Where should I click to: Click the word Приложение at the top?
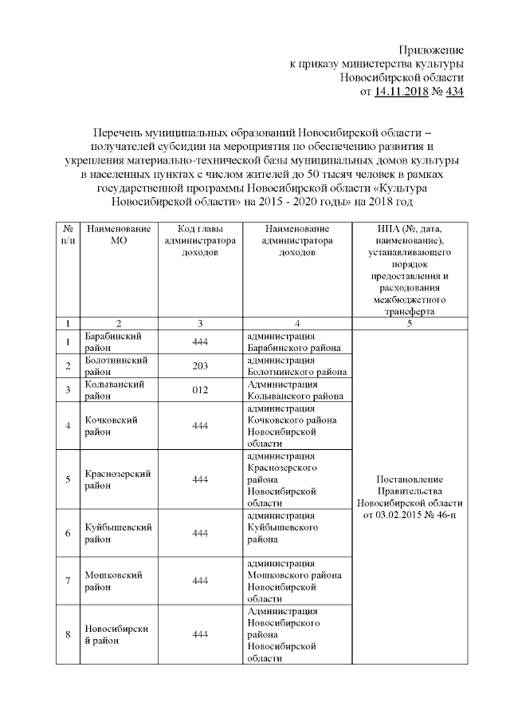coord(430,49)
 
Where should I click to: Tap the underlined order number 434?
coord(453,93)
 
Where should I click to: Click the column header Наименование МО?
coord(118,235)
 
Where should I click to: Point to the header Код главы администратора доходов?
coord(200,240)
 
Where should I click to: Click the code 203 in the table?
coord(200,366)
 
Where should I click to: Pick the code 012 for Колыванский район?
coord(200,390)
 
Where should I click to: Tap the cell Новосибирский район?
coord(116,634)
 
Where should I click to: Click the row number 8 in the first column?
coord(68,635)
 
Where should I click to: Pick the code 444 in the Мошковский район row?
coord(200,581)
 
